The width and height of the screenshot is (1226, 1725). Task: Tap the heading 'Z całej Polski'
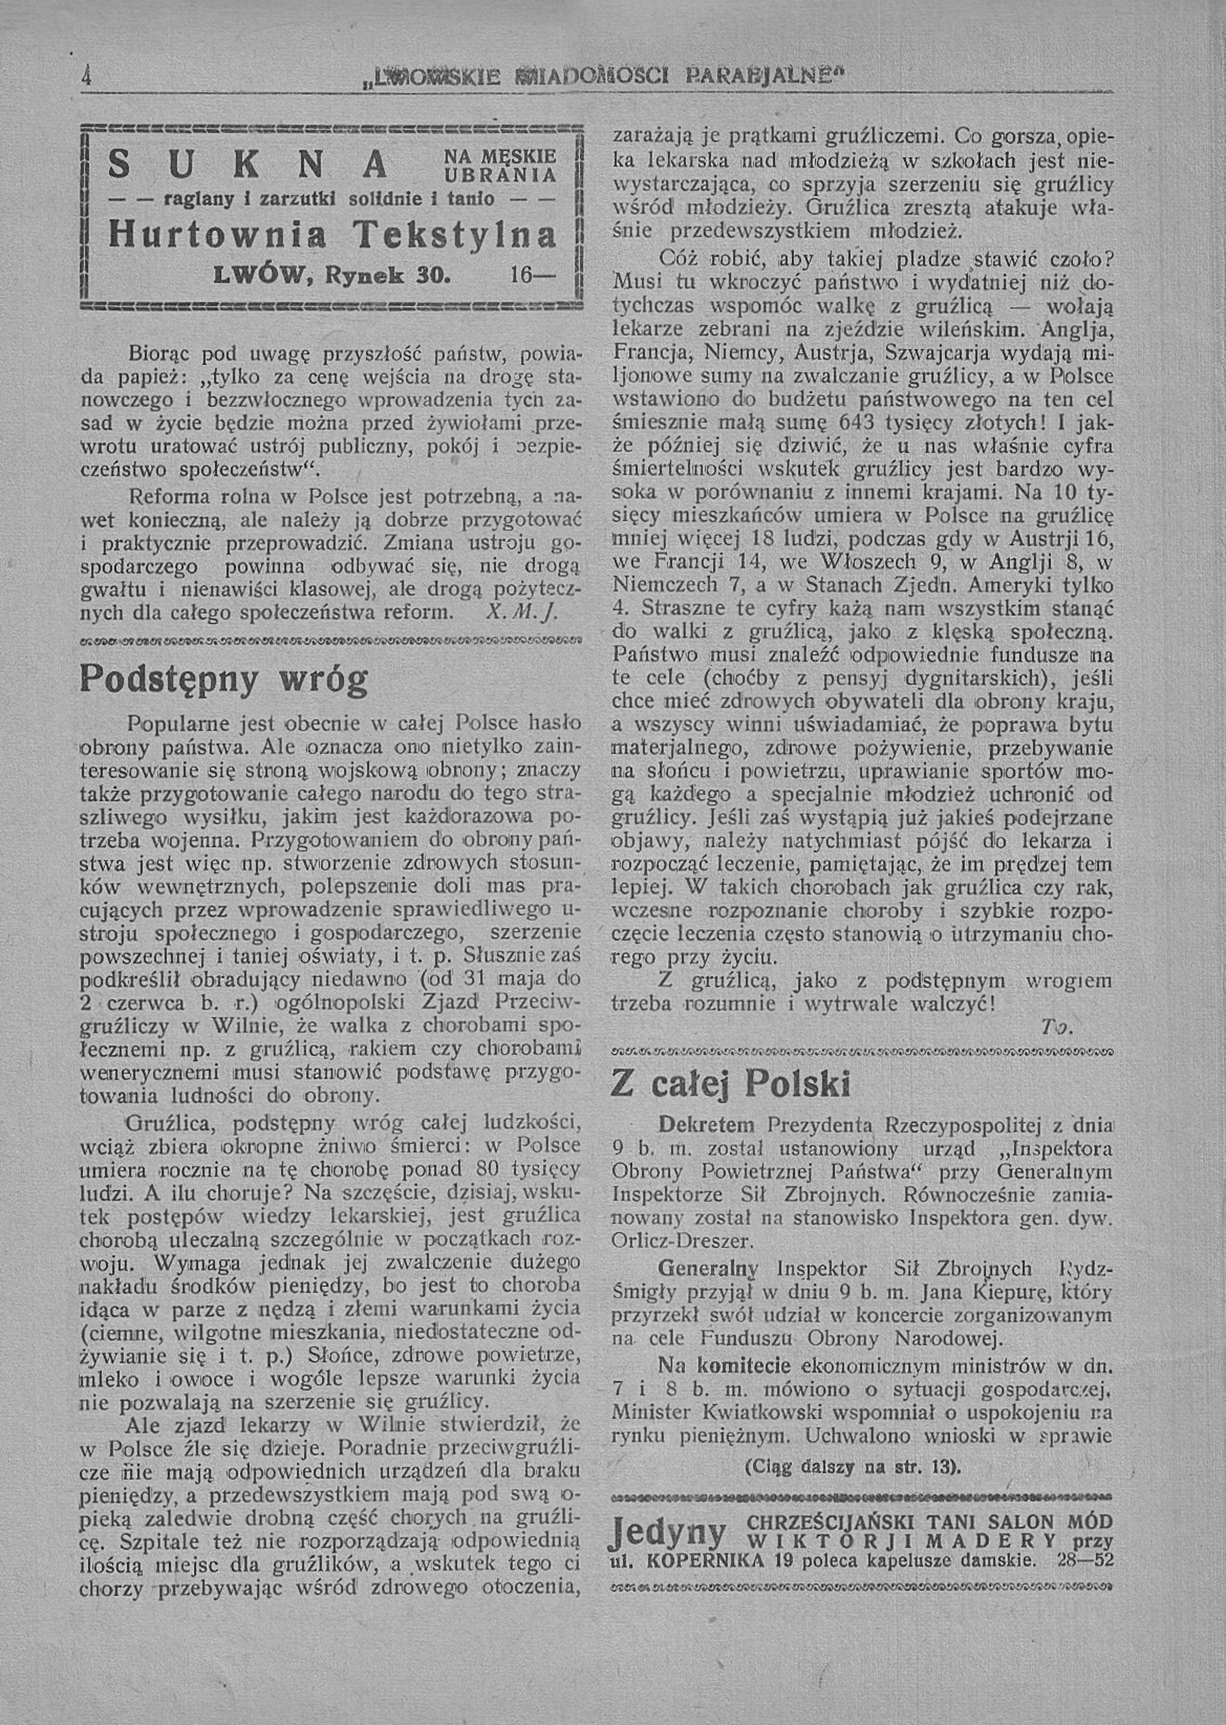tap(731, 1085)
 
